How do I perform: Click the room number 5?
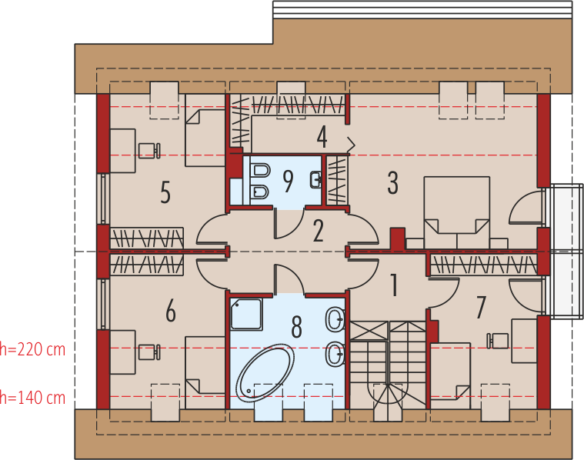[x=165, y=192]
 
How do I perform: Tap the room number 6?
[x=171, y=311]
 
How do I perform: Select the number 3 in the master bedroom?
[x=392, y=183]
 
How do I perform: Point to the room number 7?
[x=481, y=308]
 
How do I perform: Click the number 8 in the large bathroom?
[x=296, y=327]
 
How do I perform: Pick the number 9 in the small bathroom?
[x=288, y=182]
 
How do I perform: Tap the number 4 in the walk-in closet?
[x=322, y=137]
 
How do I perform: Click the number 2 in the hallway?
[x=318, y=231]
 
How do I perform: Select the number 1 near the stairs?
[x=394, y=285]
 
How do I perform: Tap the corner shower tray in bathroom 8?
[x=246, y=314]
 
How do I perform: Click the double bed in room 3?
[x=457, y=212]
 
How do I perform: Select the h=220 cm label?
[x=32, y=349]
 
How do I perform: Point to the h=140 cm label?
[x=32, y=398]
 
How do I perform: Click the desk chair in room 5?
[x=149, y=151]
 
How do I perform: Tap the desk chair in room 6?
[x=149, y=352]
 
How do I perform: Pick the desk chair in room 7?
[x=498, y=341]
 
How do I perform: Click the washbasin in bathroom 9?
[x=315, y=180]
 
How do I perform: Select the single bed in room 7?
[x=451, y=372]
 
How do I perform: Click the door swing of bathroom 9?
[x=289, y=224]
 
